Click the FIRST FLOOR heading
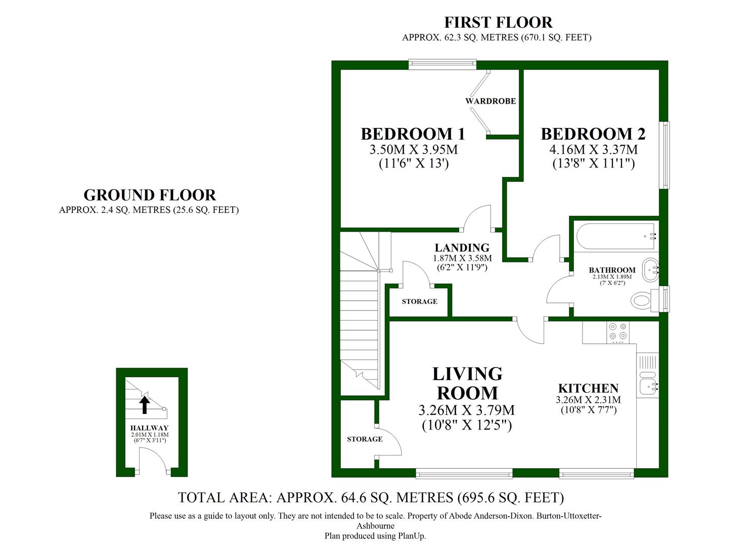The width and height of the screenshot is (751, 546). click(x=498, y=23)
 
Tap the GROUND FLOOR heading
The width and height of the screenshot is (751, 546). click(x=150, y=195)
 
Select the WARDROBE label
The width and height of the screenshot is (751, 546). click(x=491, y=101)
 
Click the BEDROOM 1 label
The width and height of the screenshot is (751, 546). click(x=413, y=134)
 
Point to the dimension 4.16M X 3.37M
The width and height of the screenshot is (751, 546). click(x=593, y=150)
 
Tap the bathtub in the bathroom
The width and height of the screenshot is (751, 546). click(x=614, y=236)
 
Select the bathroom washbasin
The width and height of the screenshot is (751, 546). click(x=650, y=270)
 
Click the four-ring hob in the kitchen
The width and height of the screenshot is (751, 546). click(x=617, y=332)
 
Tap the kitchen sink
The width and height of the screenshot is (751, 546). click(x=648, y=383)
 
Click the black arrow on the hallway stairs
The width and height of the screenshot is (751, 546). click(x=145, y=405)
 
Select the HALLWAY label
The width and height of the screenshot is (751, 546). click(x=149, y=428)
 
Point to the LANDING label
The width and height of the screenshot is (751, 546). click(x=462, y=248)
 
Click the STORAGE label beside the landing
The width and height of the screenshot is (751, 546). click(x=419, y=302)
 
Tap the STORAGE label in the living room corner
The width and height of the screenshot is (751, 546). click(x=365, y=439)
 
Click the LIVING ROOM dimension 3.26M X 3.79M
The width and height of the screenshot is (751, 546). click(x=467, y=410)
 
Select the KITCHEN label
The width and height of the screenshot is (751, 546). click(x=588, y=388)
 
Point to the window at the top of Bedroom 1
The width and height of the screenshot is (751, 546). click(x=442, y=64)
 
